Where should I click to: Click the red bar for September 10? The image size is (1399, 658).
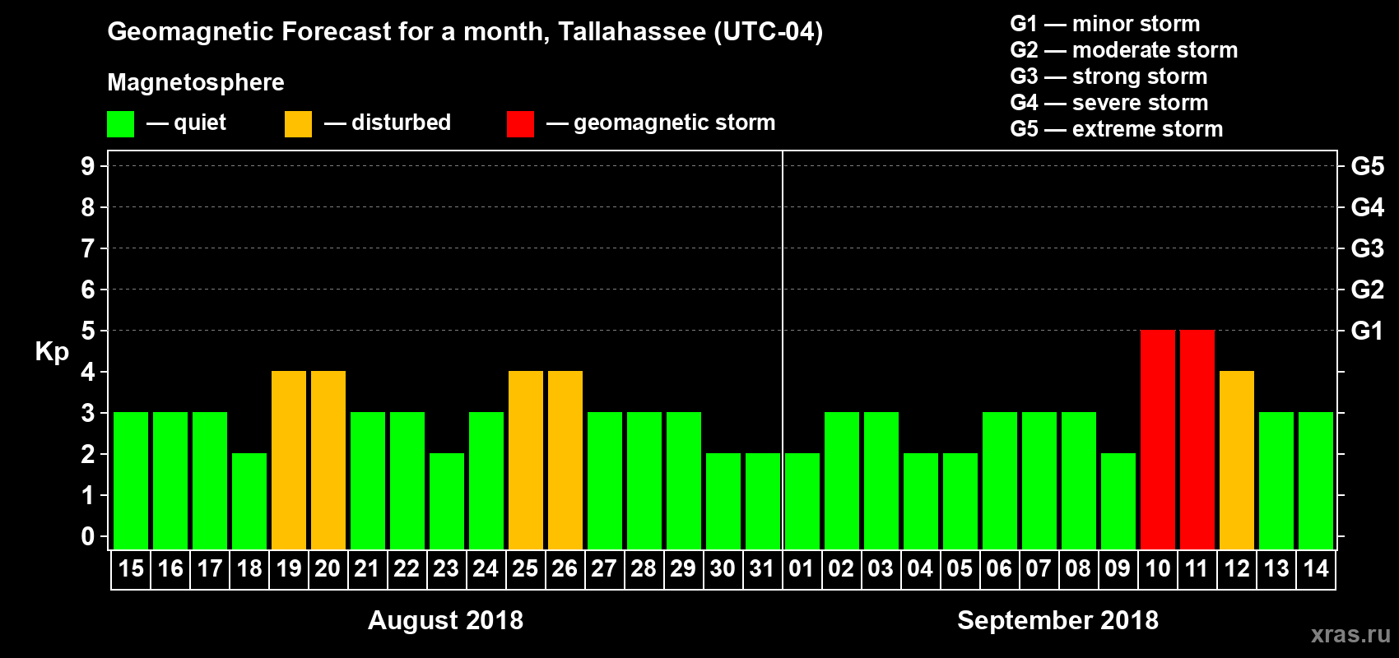[x=1158, y=440]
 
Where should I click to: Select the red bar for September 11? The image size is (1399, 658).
[x=1197, y=440]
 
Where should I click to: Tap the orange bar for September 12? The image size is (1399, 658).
[x=1237, y=461]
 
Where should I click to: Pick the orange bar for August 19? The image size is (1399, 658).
[x=289, y=461]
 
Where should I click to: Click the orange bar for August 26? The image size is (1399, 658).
[x=565, y=461]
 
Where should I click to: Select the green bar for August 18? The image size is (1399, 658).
[x=249, y=502]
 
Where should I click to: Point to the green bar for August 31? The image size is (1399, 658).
[x=763, y=502]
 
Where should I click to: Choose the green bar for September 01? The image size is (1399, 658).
[x=802, y=502]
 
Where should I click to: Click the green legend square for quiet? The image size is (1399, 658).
[x=121, y=124]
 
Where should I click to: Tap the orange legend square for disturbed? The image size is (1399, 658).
[x=299, y=124]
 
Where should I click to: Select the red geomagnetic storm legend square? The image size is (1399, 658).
[x=521, y=124]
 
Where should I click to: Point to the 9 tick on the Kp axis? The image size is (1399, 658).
[x=88, y=166]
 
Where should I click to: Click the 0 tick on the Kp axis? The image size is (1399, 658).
[x=88, y=536]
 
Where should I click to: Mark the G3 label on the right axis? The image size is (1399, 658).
[x=1367, y=248]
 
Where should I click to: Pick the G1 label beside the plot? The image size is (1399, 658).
[x=1367, y=331]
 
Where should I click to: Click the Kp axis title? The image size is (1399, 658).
[x=52, y=352]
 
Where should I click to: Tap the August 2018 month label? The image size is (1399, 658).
[x=445, y=620]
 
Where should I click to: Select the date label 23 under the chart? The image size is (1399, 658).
[x=446, y=569]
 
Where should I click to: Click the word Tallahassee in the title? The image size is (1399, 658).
[x=632, y=32]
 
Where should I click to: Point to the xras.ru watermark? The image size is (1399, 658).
[x=1350, y=634]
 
